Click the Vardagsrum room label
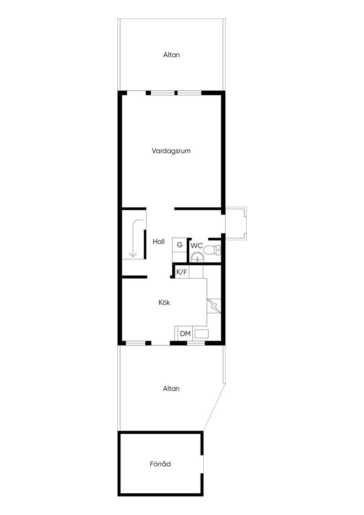click(171, 151)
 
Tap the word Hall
click(159, 241)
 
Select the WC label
click(196, 246)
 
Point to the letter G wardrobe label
click(180, 245)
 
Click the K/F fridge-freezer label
click(182, 272)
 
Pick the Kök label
click(164, 303)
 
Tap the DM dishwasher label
click(185, 334)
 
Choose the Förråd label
click(160, 464)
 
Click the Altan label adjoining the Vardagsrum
click(171, 55)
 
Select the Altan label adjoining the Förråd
click(171, 388)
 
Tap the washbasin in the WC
click(196, 257)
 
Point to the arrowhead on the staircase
click(133, 254)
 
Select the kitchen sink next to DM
click(202, 334)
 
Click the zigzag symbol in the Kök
click(214, 305)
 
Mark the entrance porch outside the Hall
click(235, 223)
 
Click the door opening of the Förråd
click(203, 464)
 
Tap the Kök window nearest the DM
click(196, 343)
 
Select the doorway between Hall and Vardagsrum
click(160, 208)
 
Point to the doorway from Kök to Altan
click(160, 343)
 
